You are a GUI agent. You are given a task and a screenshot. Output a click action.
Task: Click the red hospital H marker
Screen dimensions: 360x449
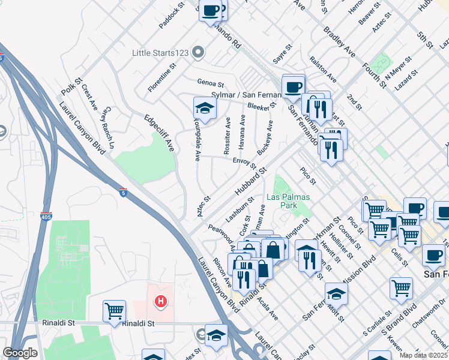[x=160, y=301]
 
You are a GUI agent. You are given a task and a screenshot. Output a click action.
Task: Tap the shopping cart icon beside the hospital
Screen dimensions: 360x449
[x=114, y=311]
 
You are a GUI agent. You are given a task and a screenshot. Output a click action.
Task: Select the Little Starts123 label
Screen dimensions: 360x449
[x=162, y=53]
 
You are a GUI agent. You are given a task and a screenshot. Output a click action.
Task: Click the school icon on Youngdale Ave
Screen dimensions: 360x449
[x=204, y=109]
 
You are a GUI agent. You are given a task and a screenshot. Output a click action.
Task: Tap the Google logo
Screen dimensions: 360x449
[x=20, y=353]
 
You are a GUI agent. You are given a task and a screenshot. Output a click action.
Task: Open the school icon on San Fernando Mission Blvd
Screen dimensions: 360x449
[x=336, y=293]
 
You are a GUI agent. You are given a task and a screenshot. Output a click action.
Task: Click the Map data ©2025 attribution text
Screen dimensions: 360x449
[x=424, y=355]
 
